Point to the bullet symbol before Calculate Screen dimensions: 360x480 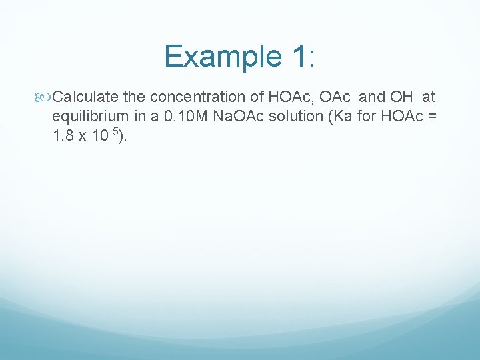pyautogui.click(x=45, y=98)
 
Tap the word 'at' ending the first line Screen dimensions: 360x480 pyautogui.click(x=429, y=98)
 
